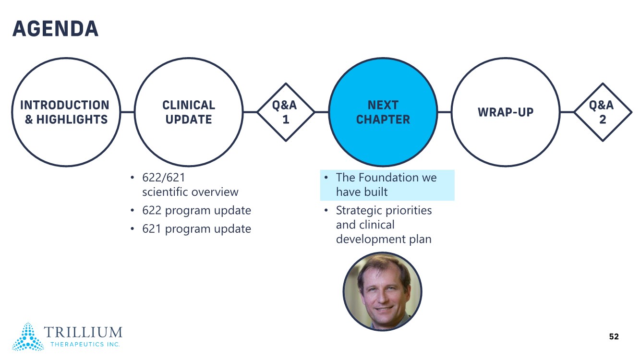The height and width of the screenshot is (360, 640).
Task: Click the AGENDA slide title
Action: click(55, 29)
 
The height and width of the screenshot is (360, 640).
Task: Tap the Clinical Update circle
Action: click(189, 112)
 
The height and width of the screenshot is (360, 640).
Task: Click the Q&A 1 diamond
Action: click(286, 112)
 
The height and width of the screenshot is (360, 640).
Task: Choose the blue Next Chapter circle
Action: click(383, 112)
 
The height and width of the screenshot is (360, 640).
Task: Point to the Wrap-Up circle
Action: click(505, 112)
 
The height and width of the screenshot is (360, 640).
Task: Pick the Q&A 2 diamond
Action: click(603, 112)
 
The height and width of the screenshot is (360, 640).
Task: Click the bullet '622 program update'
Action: click(196, 210)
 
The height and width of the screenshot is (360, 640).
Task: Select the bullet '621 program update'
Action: click(196, 229)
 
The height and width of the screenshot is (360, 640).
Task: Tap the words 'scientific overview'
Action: click(190, 192)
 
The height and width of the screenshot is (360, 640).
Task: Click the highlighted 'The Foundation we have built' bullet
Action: click(386, 185)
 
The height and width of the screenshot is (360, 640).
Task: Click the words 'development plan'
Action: click(384, 239)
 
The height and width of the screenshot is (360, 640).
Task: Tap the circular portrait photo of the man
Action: click(382, 291)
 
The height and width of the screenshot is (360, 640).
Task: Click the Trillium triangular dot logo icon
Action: click(28, 336)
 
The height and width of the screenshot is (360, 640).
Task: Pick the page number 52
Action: click(614, 336)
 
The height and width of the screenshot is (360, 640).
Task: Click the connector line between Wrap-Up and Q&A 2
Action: click(567, 112)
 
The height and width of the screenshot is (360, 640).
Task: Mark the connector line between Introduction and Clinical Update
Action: click(127, 112)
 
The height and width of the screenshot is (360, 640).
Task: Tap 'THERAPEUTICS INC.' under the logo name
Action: click(85, 344)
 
